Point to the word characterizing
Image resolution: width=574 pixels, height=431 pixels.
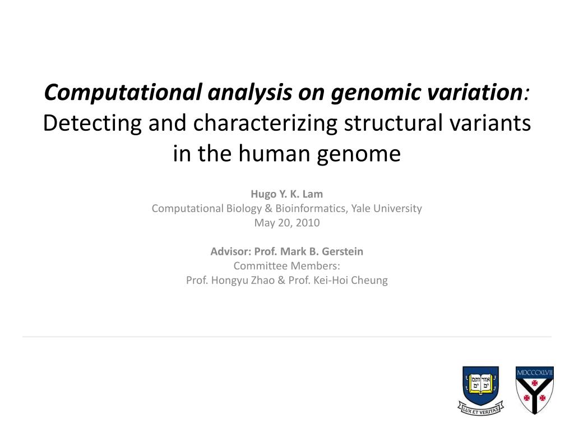click(265, 123)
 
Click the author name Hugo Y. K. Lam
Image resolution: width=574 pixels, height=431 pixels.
click(286, 194)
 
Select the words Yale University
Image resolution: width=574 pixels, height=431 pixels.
click(387, 208)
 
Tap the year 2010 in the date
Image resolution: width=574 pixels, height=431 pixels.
click(308, 222)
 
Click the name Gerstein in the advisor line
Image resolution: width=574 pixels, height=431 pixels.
click(342, 251)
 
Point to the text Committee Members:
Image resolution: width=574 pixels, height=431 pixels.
click(286, 265)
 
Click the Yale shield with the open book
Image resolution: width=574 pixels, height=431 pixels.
click(480, 385)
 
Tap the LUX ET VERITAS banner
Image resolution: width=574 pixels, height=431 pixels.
click(480, 409)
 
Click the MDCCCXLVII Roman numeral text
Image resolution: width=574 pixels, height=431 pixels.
click(534, 373)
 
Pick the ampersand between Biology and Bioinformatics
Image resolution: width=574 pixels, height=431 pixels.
click(269, 208)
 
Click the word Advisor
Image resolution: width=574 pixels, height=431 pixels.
click(230, 251)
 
